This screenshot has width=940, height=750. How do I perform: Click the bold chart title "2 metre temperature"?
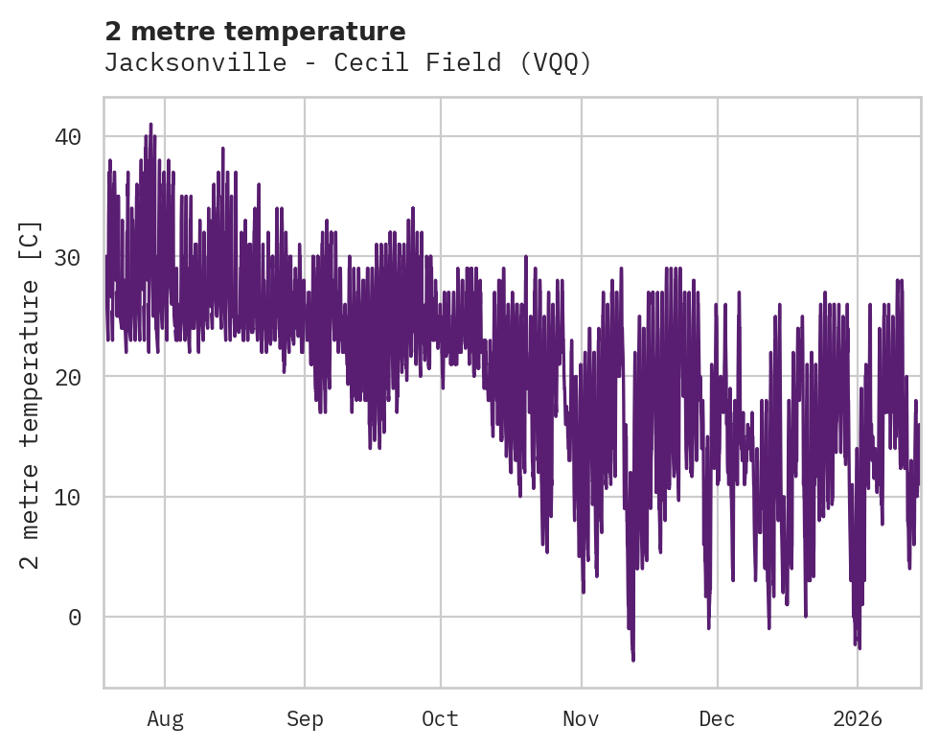pos(255,32)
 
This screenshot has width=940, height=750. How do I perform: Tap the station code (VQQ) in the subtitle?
pos(556,63)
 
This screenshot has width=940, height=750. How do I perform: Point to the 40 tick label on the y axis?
pos(68,137)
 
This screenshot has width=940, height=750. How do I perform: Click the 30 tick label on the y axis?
pos(68,257)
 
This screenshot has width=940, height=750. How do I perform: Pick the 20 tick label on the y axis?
pos(68,377)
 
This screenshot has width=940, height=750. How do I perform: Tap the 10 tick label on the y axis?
pos(68,497)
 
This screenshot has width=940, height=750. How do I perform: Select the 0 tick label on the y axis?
pos(75,617)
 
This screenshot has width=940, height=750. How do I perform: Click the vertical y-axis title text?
pos(31,393)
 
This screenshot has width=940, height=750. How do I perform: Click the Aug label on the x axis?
pos(165,719)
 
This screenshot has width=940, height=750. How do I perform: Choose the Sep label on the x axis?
pos(305,719)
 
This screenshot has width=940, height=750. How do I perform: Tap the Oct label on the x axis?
pos(441,719)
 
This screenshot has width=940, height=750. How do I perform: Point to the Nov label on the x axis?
pos(581,719)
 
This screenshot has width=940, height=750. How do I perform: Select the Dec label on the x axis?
pos(717,719)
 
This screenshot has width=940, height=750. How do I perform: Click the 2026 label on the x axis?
pos(858,719)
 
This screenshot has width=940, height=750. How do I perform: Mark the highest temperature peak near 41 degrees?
pos(150,125)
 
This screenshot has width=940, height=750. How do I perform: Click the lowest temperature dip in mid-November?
pos(632,658)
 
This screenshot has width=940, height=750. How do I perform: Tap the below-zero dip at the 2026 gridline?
pos(859,647)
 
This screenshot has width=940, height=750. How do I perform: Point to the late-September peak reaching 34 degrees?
pos(413,208)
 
